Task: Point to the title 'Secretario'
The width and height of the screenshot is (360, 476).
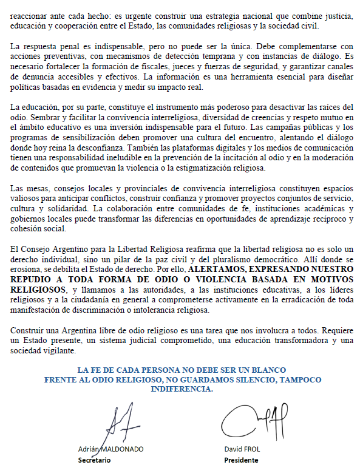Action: pyautogui.click(x=95, y=460)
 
